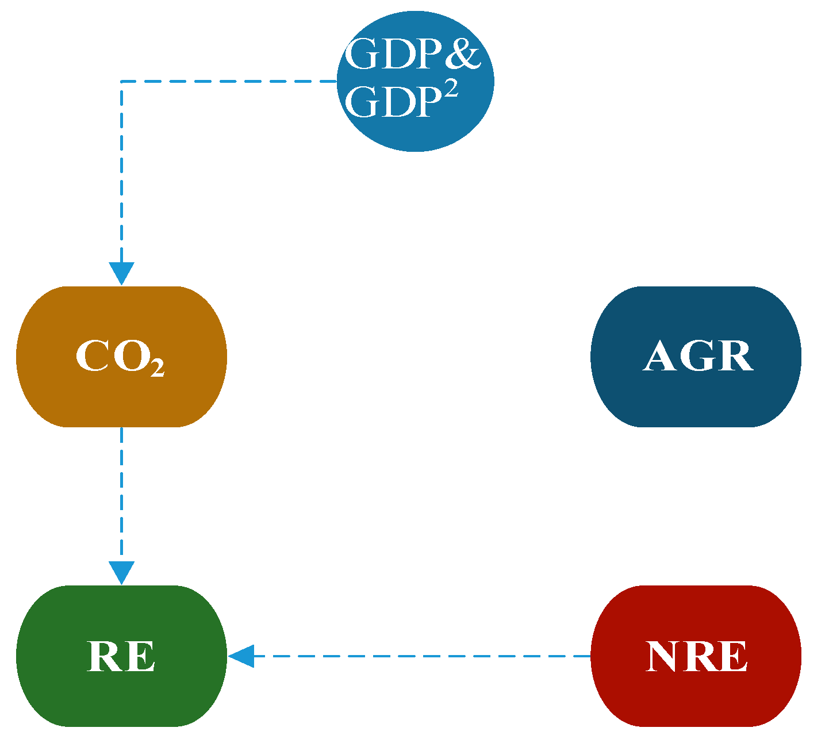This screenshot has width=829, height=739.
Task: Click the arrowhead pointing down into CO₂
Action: pyautogui.click(x=121, y=273)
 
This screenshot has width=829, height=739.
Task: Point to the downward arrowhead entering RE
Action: pyautogui.click(x=121, y=572)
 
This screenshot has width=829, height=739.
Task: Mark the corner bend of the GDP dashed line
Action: pyautogui.click(x=121, y=82)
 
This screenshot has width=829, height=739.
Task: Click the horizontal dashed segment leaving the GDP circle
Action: pyautogui.click(x=230, y=82)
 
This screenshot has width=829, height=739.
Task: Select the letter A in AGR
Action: pyautogui.click(x=660, y=357)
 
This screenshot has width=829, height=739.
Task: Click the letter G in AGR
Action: pyautogui.click(x=698, y=357)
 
